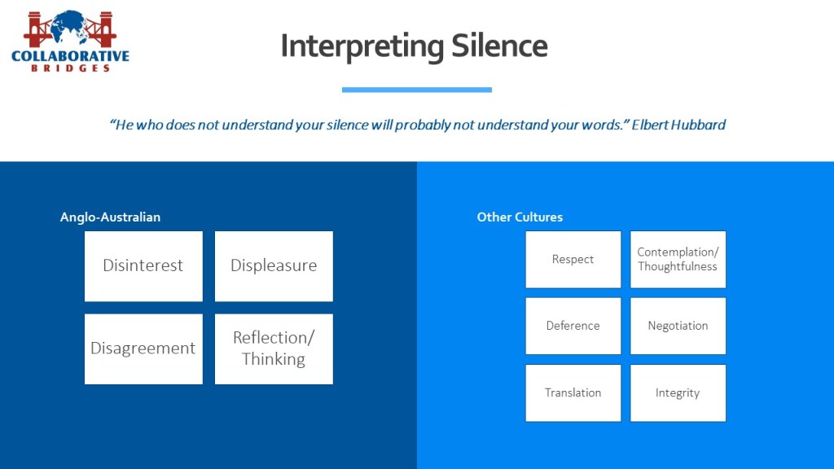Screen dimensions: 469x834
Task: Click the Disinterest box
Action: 143,266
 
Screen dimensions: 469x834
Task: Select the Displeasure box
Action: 274,266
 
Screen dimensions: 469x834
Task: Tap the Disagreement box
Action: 143,348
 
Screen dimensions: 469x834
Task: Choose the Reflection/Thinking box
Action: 274,348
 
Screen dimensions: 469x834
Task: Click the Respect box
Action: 573,260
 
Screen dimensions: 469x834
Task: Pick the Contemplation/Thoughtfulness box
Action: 678,260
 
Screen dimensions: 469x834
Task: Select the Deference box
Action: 573,326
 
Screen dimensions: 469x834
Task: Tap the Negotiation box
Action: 678,326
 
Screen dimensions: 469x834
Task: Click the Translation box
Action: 573,392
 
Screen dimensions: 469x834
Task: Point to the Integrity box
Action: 678,392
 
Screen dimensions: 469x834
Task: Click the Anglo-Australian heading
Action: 110,217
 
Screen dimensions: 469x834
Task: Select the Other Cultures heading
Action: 520,217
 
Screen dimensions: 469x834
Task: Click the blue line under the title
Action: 416,90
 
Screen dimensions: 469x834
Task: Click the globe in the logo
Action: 69,26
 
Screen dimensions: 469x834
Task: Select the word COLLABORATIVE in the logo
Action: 70,56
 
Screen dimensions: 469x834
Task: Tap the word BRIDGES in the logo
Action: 71,68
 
